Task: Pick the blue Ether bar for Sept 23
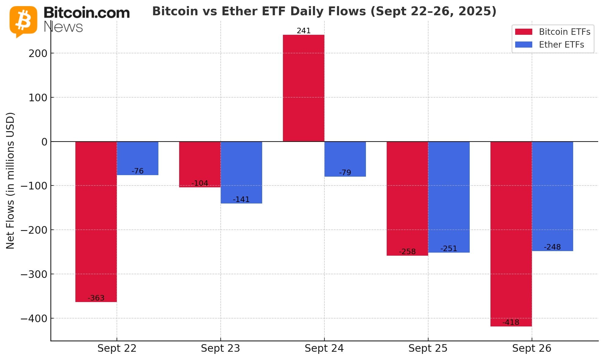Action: click(241, 172)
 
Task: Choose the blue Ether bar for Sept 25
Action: click(449, 197)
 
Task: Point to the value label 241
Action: click(303, 31)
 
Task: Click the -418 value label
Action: click(511, 322)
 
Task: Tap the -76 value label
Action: click(137, 171)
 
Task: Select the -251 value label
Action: click(449, 249)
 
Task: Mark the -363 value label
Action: click(96, 298)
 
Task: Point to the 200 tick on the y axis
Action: click(38, 53)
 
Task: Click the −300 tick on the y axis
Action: click(34, 274)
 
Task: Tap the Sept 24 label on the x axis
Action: click(324, 348)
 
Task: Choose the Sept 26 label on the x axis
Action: click(532, 348)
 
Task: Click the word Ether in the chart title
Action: click(237, 11)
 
